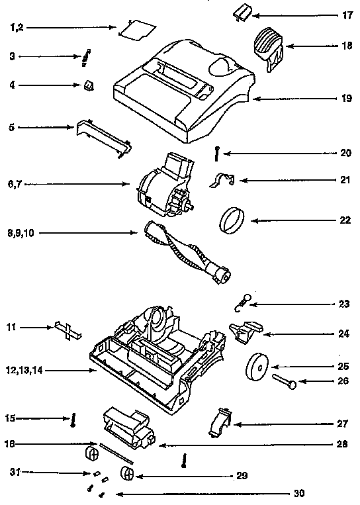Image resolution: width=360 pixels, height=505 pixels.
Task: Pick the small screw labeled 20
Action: pyautogui.click(x=216, y=152)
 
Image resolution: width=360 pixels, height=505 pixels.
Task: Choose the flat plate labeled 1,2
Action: pyautogui.click(x=136, y=28)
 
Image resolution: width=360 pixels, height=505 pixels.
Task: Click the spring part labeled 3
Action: pyautogui.click(x=85, y=57)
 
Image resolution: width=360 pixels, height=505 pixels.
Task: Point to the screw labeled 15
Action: pyautogui.click(x=73, y=418)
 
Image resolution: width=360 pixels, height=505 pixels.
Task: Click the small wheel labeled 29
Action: pyautogui.click(x=126, y=475)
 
